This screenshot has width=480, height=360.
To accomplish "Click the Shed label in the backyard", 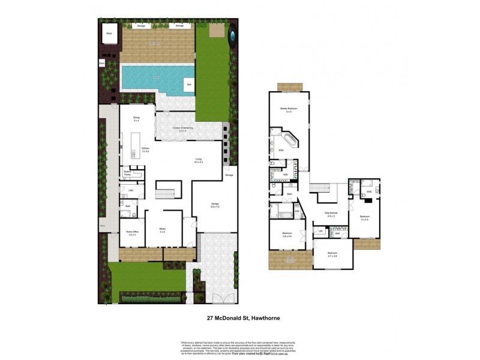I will click(x=109, y=34).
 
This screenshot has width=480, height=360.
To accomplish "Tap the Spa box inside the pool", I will click(x=188, y=85).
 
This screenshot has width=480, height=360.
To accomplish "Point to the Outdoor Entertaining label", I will click(x=182, y=128).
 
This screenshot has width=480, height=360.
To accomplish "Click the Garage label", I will click(x=215, y=205).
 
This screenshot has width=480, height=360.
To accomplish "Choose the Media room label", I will click(x=162, y=230).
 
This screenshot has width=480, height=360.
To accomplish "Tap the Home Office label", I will click(x=132, y=233).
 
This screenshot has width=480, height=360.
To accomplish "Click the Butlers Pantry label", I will click(x=128, y=172).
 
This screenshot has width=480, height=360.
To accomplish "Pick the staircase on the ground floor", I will click(x=164, y=193).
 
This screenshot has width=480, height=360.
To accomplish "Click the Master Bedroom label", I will click(x=289, y=109).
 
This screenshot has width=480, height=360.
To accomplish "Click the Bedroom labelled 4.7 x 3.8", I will click(x=332, y=254).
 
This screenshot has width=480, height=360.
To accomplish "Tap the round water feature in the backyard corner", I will click(x=233, y=36).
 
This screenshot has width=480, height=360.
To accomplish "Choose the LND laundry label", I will click(x=130, y=191).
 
